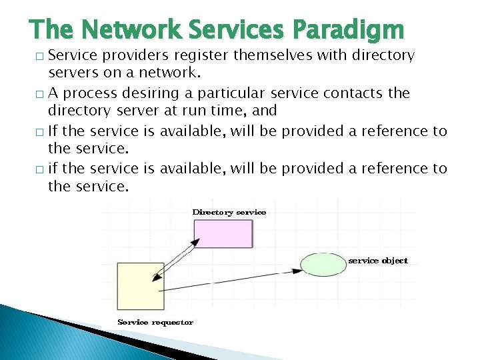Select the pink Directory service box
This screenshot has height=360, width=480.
click(x=223, y=233)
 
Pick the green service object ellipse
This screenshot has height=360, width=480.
click(x=323, y=264)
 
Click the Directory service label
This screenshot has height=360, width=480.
click(x=229, y=212)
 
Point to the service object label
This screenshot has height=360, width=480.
click(x=378, y=261)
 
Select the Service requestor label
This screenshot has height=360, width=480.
click(x=155, y=322)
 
